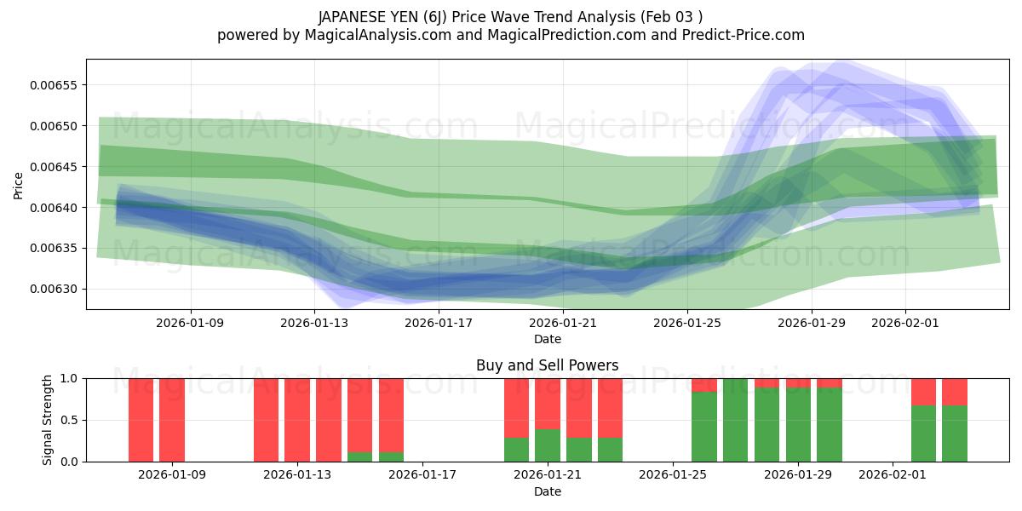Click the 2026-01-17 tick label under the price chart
pos(439,323)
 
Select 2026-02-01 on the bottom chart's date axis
pos(891,474)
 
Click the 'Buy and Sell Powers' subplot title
pos(547,365)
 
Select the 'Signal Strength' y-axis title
pos(49,420)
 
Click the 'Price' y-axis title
pos(19,185)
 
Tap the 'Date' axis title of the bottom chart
pos(547,491)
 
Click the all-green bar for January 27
pos(736,420)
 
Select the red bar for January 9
pos(172,420)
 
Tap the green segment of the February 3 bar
pos(955,433)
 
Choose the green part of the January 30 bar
pos(830,425)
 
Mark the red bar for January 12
pos(266,420)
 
